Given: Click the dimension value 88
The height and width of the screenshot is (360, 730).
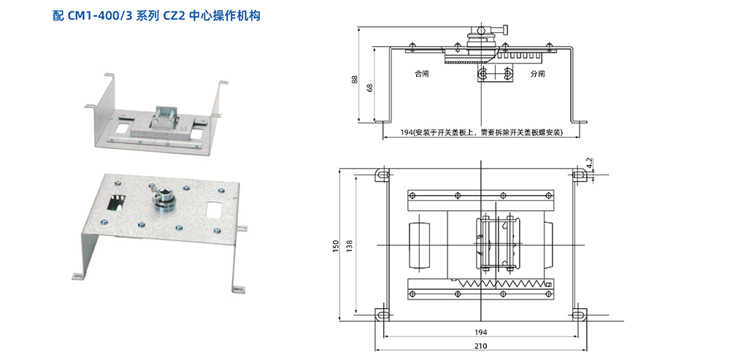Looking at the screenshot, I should coord(356,79).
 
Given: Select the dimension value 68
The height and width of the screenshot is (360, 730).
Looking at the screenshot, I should coord(370,87).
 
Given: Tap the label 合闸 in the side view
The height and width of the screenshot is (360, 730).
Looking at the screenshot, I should coord(421,74).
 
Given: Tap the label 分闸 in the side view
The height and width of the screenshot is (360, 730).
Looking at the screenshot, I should coord(538,74).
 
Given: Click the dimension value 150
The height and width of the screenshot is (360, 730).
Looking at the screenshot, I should coord(335,248).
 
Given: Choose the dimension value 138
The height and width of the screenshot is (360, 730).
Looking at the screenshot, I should coord(350,248).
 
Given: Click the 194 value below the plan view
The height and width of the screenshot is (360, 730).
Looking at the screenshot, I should coord(480,332).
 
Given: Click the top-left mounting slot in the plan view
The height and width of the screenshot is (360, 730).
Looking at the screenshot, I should coord(382,175).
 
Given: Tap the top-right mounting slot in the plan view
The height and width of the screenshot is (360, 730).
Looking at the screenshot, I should coord(579,175).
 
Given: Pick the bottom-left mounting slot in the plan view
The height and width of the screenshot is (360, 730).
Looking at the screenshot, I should coord(382,315).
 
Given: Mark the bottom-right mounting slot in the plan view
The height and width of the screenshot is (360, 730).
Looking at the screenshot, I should coord(579,315).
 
